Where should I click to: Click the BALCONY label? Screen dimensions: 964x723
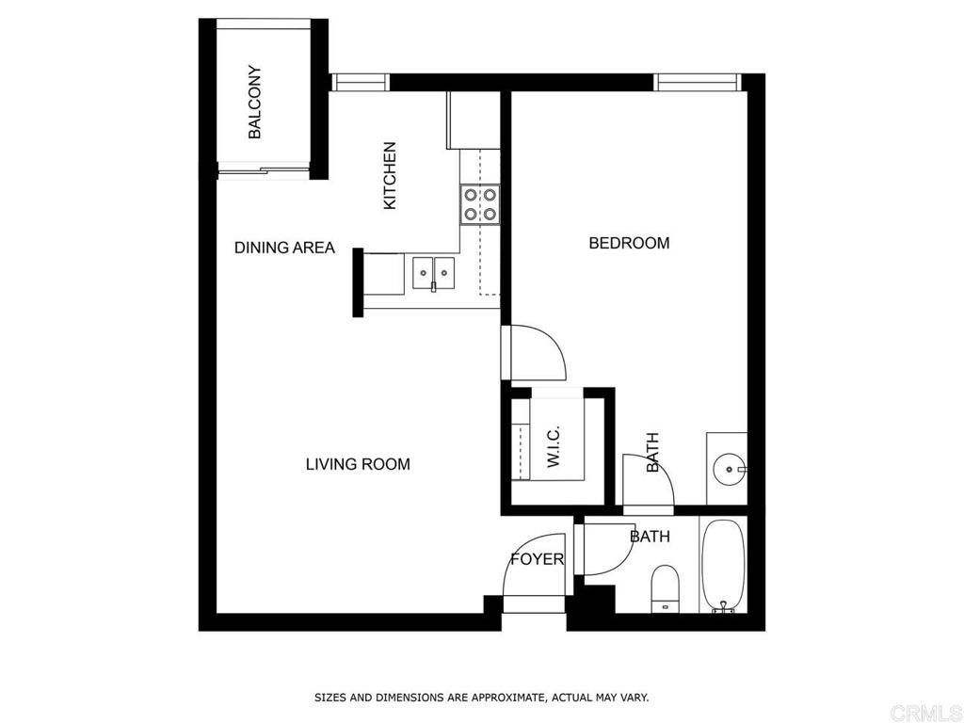255,102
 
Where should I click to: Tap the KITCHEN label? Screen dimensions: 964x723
390,176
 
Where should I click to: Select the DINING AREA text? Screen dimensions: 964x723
284,248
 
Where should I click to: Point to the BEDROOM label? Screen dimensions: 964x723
629,243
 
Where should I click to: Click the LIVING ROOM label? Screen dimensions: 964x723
358,463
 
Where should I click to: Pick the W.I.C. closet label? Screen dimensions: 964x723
553,445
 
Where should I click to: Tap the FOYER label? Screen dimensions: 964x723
538,559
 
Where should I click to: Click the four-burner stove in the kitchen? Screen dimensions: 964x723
480,204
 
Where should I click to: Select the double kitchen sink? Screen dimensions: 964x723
433,273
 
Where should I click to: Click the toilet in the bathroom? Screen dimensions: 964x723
665,589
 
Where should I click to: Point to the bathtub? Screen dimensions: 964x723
723,565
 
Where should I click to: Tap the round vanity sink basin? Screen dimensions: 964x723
730,469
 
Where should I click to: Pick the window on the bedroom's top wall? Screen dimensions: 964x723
698,82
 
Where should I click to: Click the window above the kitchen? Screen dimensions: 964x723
361,82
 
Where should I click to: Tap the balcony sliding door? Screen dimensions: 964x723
264,171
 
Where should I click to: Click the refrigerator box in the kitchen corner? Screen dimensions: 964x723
474,120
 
